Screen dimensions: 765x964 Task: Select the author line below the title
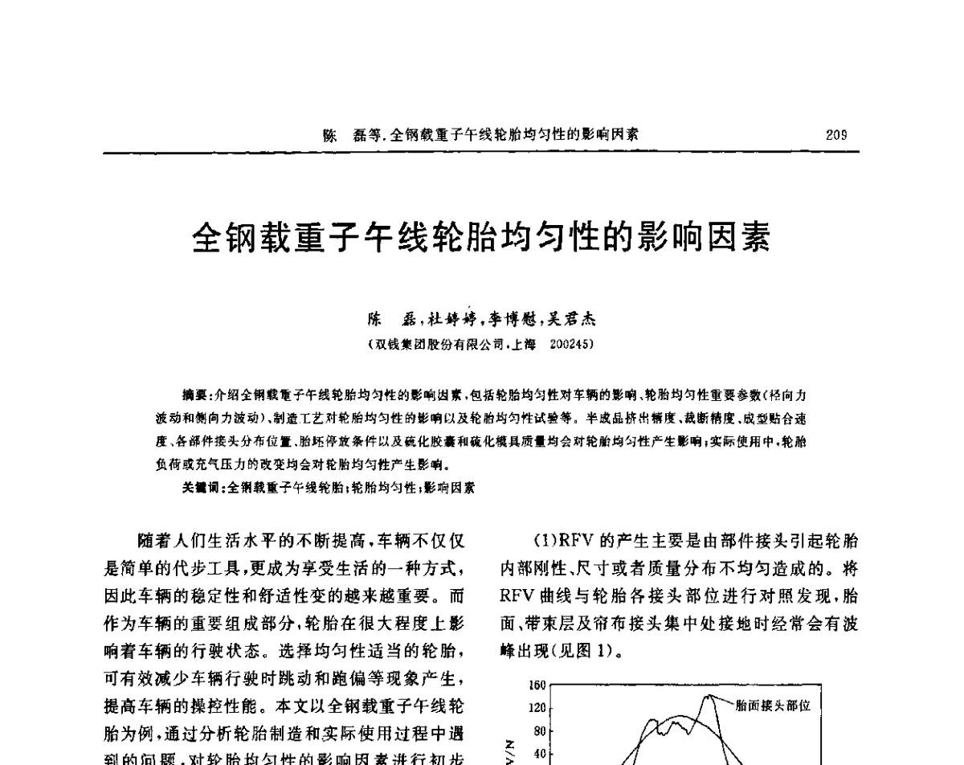click(x=481, y=319)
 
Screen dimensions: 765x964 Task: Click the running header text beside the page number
click(x=481, y=135)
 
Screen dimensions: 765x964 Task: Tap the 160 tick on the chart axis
click(x=537, y=686)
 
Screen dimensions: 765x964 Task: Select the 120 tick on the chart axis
click(x=537, y=708)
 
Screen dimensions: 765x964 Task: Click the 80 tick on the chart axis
click(x=540, y=731)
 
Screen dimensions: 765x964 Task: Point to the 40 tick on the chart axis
click(x=540, y=754)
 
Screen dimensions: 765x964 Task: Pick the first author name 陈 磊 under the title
click(x=390, y=319)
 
